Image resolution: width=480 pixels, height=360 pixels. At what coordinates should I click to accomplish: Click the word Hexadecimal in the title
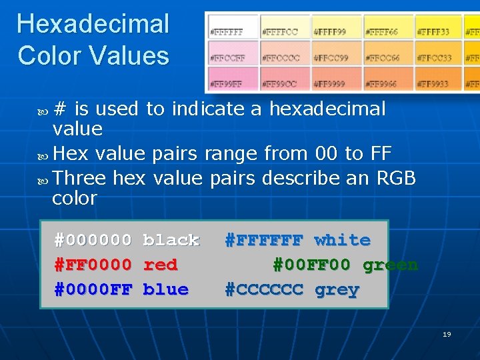pyautogui.click(x=93, y=24)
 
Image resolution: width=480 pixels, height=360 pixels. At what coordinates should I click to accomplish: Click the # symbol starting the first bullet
pyautogui.click(x=60, y=108)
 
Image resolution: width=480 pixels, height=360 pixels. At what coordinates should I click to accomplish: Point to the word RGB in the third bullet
pyautogui.click(x=396, y=178)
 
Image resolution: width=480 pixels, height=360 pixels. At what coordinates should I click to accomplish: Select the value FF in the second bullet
pyautogui.click(x=381, y=153)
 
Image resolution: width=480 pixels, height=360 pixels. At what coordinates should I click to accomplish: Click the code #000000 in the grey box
pyautogui.click(x=93, y=240)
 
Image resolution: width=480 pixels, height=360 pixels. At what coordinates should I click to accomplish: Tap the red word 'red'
pyautogui.click(x=160, y=265)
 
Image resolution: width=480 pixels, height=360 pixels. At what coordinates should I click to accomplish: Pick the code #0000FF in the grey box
pyautogui.click(x=93, y=289)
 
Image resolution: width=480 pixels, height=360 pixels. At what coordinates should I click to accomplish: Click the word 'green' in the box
pyautogui.click(x=390, y=265)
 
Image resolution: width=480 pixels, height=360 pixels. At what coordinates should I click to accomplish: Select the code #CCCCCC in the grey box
pyautogui.click(x=264, y=290)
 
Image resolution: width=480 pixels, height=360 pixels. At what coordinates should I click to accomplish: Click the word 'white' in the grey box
pyautogui.click(x=342, y=240)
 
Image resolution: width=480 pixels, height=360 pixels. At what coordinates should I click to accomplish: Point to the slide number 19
pyautogui.click(x=447, y=334)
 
